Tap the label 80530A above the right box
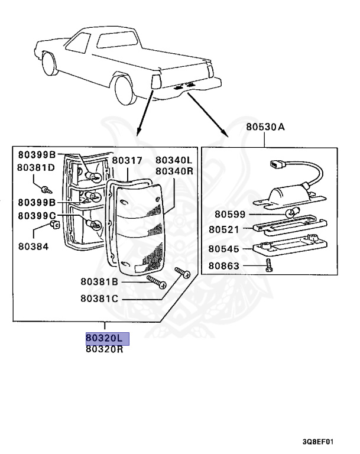point(265,127)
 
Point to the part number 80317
point(127,160)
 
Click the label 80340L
point(174,160)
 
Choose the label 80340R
point(174,171)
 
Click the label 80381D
point(35,167)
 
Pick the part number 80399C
point(37,216)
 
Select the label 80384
point(33,246)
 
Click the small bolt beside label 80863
point(269,267)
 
